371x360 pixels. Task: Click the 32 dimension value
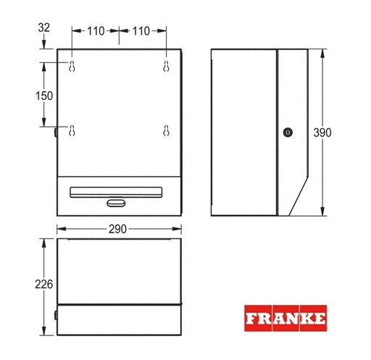43,28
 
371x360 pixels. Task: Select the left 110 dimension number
96,31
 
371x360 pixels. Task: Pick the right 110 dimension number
141,31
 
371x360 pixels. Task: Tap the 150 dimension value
44,96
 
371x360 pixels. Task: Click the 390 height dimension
322,133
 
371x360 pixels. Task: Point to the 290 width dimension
117,229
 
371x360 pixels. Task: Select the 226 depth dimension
43,284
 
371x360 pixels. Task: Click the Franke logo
285,318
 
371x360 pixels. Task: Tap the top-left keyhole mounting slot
72,66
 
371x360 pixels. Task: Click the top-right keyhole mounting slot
166,66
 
